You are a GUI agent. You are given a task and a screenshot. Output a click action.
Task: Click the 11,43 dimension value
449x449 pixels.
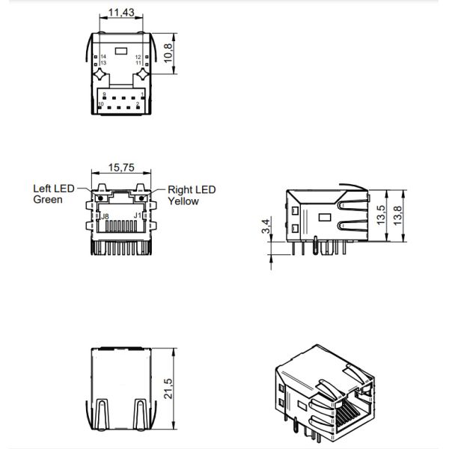click(121, 13)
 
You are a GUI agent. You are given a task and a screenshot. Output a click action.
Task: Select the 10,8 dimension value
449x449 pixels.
click(168, 53)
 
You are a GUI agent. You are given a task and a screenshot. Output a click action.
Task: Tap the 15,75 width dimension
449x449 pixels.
click(121, 168)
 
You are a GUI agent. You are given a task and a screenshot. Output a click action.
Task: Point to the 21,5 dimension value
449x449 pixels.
click(168, 388)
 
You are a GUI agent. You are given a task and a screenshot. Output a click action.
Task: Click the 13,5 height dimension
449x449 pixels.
click(381, 215)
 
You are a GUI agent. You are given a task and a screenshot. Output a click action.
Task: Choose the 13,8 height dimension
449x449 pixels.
click(397, 216)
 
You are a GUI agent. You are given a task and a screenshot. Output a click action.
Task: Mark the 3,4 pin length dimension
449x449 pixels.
click(266, 226)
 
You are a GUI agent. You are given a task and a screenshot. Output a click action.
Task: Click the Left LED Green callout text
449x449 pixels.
click(54, 194)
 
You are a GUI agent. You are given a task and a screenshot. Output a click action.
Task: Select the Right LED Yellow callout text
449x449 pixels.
click(192, 195)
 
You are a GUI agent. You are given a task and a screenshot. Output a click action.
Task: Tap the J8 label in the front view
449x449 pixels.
click(105, 216)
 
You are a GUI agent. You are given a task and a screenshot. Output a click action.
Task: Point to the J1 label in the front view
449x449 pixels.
click(138, 216)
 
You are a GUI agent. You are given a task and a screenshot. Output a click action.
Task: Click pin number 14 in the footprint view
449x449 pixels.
click(103, 57)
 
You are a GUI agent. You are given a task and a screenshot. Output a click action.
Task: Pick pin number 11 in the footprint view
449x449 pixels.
click(138, 63)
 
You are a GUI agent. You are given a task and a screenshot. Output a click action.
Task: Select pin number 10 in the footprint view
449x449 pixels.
click(101, 104)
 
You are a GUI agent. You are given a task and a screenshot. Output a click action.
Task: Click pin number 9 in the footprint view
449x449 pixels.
click(104, 94)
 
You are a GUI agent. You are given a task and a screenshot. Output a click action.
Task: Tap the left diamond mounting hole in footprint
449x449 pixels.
click(100, 74)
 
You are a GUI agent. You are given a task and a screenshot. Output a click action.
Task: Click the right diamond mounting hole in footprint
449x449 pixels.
click(142, 74)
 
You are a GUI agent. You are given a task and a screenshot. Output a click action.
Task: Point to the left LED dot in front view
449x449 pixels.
click(100, 198)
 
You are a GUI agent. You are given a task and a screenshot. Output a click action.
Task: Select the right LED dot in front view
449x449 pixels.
click(141, 198)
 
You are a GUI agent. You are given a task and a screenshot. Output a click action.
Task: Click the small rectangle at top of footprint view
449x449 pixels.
click(121, 51)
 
